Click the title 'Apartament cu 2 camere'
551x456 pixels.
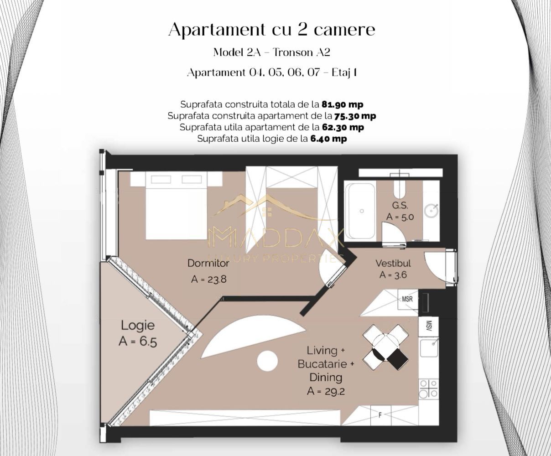pyautogui.click(x=272, y=30)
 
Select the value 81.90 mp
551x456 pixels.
pyautogui.click(x=342, y=104)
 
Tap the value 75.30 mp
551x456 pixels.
pyautogui.click(x=355, y=116)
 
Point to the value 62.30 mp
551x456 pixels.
pyautogui.click(x=343, y=127)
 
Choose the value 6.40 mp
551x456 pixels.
pyautogui.click(x=328, y=139)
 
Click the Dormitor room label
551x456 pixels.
pyautogui.click(x=208, y=263)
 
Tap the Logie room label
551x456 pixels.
pyautogui.click(x=137, y=326)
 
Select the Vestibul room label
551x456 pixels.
pyautogui.click(x=393, y=263)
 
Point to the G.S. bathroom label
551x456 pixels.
pyautogui.click(x=400, y=206)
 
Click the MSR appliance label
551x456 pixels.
pyautogui.click(x=407, y=300)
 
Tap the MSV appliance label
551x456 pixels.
pyautogui.click(x=429, y=326)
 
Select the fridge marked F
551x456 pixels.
pyautogui.click(x=380, y=415)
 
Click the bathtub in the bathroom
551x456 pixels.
pyautogui.click(x=360, y=211)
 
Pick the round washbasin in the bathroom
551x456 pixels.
pyautogui.click(x=431, y=211)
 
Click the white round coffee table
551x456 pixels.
pyautogui.click(x=267, y=361)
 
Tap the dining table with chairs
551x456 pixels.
pyautogui.click(x=385, y=347)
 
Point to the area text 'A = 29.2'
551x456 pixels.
pyautogui.click(x=326, y=391)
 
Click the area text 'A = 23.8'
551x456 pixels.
pyautogui.click(x=208, y=279)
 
